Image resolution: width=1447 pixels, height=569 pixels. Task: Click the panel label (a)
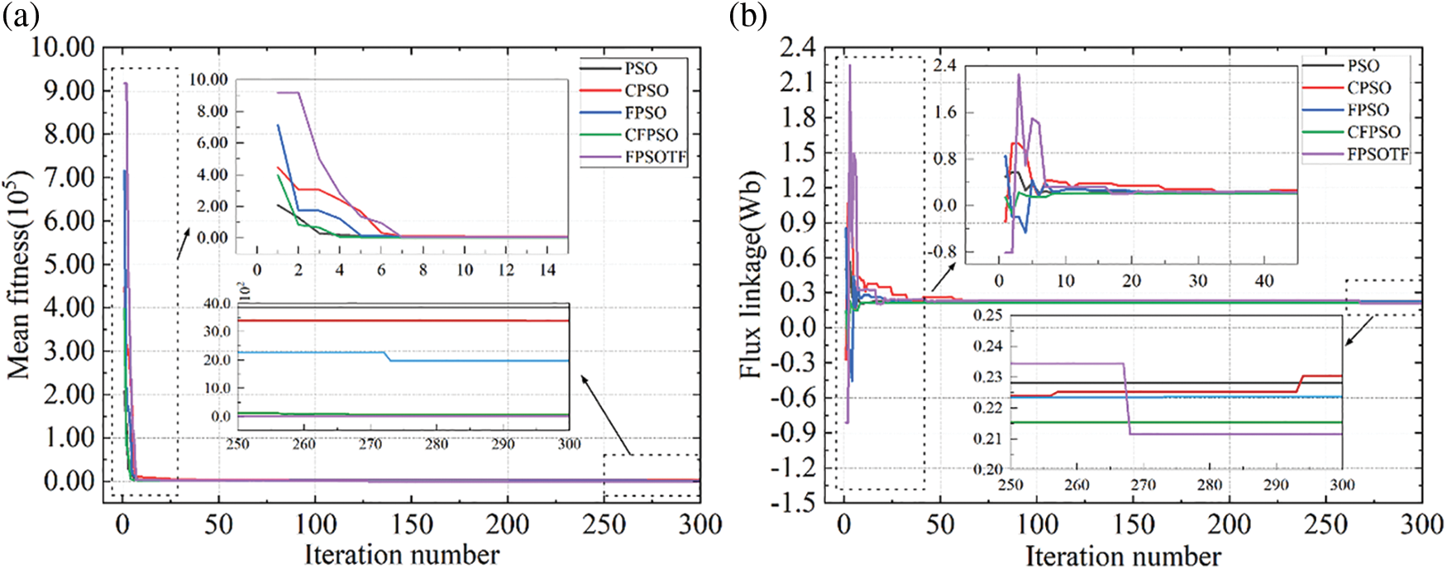point(20,16)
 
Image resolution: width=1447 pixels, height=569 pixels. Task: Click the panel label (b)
point(747,16)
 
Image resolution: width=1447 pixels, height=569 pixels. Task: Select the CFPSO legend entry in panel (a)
point(651,135)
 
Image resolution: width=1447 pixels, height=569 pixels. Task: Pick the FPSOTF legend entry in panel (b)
point(1378,154)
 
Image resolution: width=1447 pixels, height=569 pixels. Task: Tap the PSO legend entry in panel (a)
point(641,69)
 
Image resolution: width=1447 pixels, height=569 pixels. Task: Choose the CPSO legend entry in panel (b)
point(1368,88)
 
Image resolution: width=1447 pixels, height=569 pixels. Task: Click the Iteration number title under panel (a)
point(402,554)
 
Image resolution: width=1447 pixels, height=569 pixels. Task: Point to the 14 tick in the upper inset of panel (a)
point(547,270)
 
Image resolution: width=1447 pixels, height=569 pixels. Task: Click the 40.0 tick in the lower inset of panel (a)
point(217,304)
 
